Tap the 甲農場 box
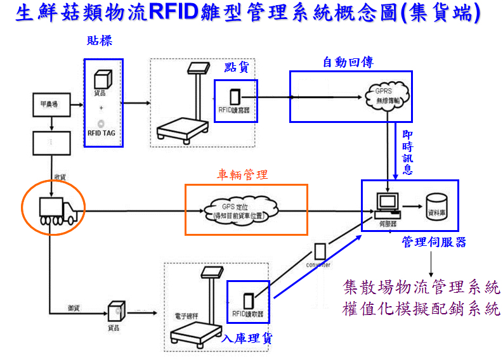pos(50,104)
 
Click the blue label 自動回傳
pos(348,61)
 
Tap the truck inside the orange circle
pos(58,210)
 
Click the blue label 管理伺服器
pos(434,242)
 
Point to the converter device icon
pos(321,250)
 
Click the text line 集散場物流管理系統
pos(421,287)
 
